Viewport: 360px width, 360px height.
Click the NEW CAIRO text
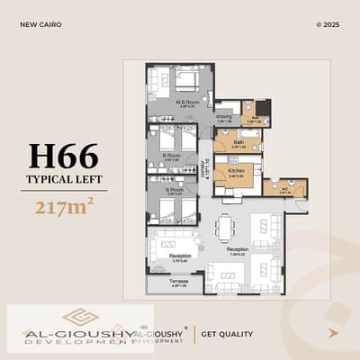point(40,24)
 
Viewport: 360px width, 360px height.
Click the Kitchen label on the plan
point(237,171)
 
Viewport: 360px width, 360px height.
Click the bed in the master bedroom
point(188,81)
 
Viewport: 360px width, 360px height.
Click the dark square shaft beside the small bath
point(262,108)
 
